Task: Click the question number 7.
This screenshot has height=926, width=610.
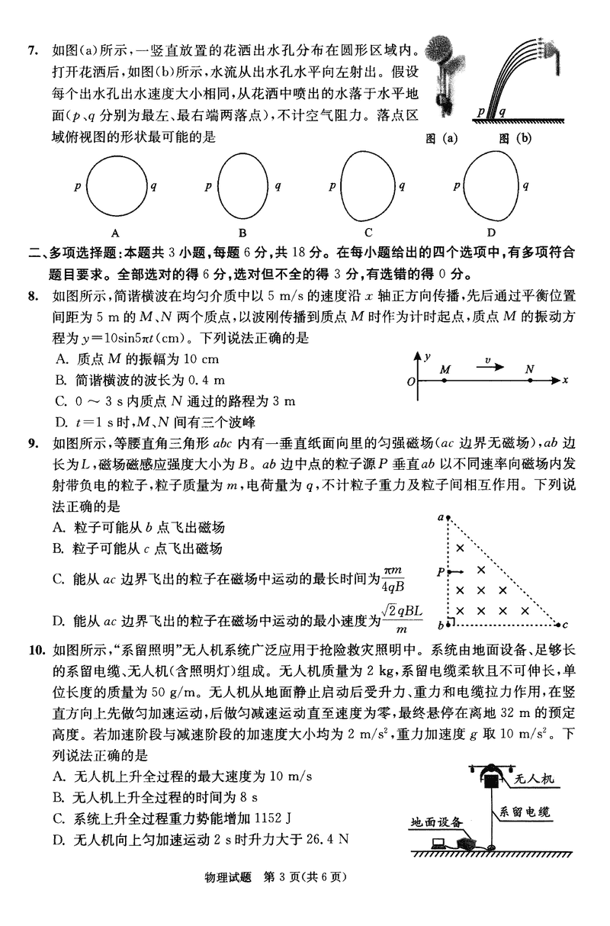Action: [32, 51]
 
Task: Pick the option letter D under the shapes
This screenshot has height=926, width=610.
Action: [492, 233]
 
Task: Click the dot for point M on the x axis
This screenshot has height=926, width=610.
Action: [445, 379]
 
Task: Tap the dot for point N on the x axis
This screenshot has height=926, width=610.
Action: [529, 379]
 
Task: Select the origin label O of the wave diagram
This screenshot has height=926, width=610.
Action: [411, 381]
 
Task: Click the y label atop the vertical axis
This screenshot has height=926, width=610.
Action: [429, 355]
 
